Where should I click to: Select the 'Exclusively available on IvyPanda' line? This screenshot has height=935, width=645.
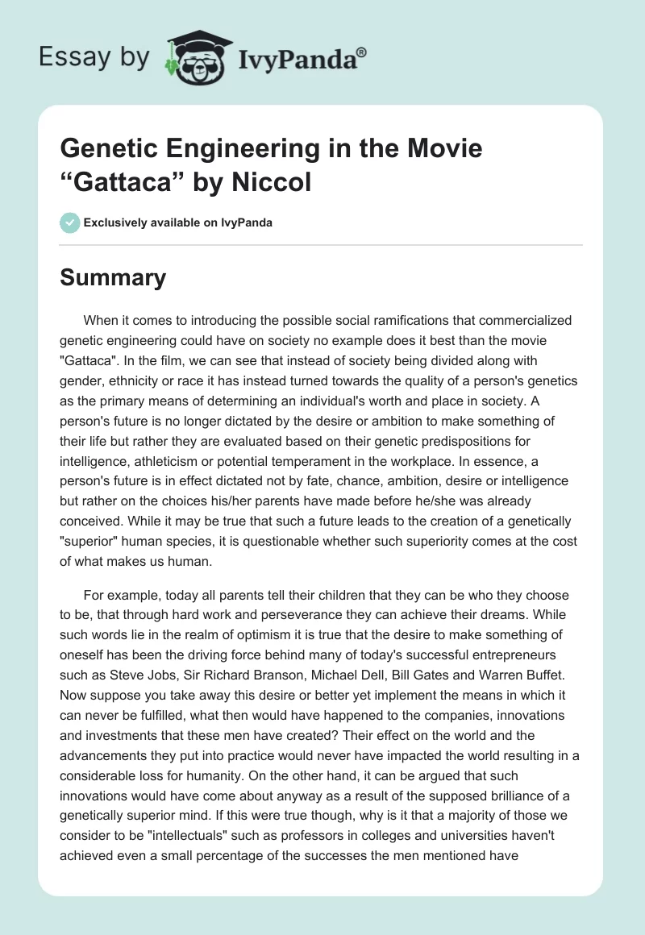pos(177,222)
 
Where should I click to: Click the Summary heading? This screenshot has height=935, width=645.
pos(113,278)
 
